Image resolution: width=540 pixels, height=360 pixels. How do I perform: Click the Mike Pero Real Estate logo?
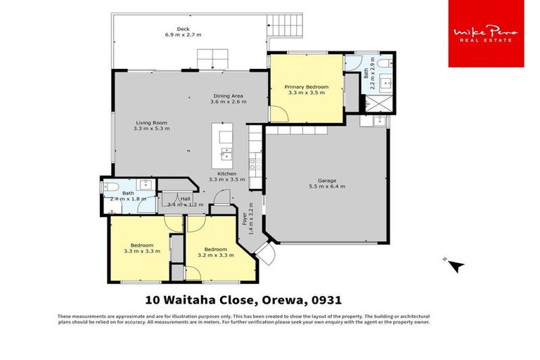tap(486, 34)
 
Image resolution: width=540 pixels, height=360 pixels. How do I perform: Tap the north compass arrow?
tap(456, 266)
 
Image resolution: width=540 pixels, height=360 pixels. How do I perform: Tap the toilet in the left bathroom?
tap(110, 186)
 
